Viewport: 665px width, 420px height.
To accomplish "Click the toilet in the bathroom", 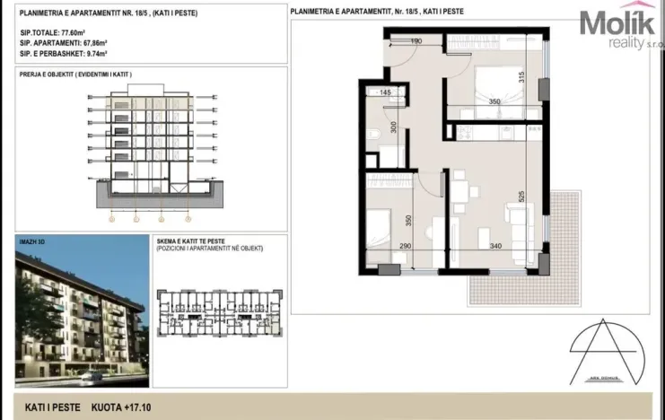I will tap(372, 136).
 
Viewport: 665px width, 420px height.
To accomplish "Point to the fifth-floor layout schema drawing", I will tap(219, 315).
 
